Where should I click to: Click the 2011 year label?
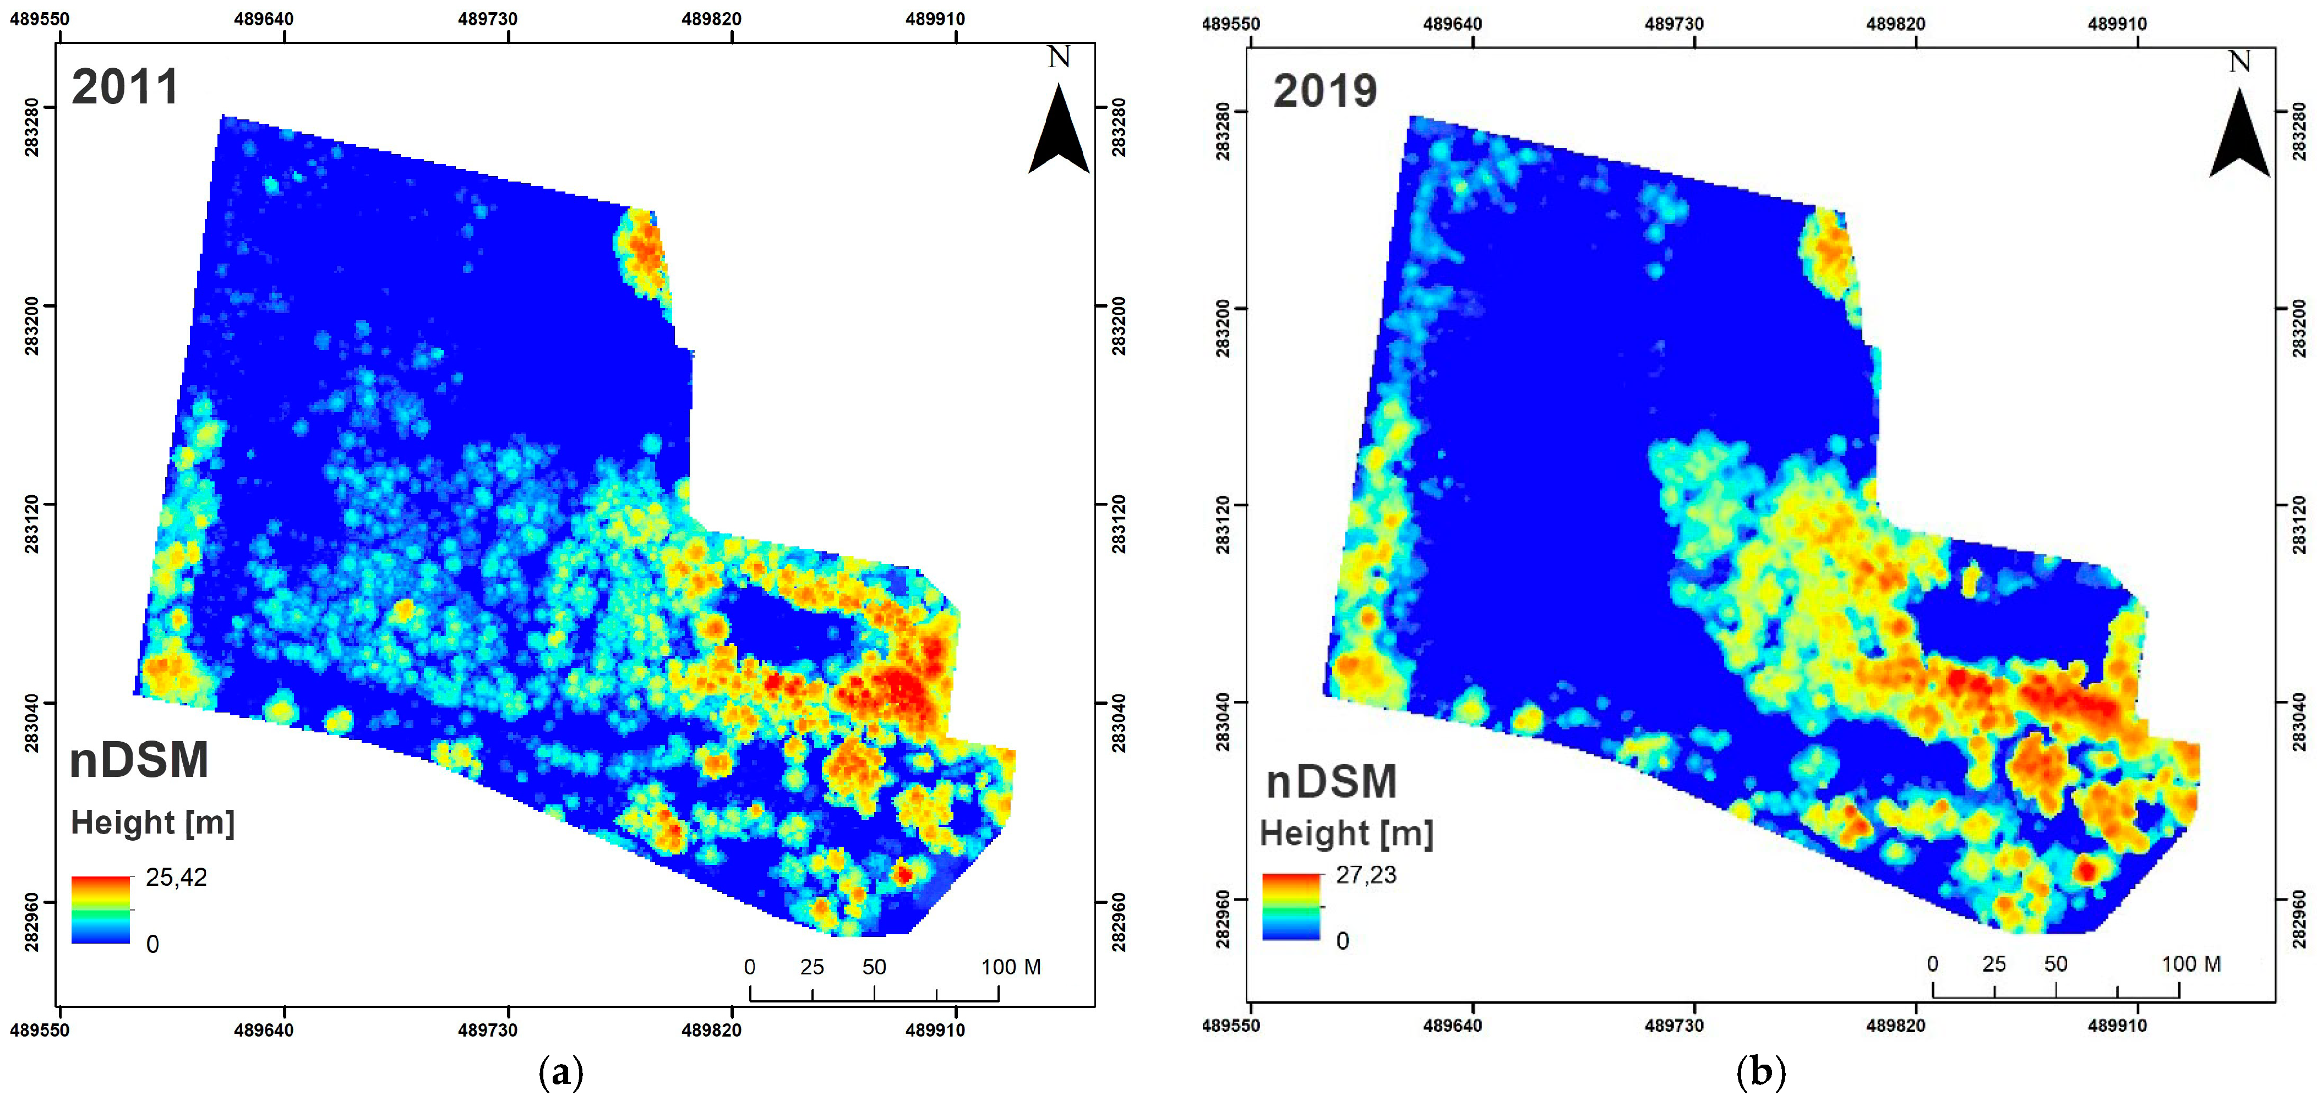(x=125, y=87)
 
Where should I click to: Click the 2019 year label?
(x=1324, y=91)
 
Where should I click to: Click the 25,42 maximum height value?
(x=176, y=878)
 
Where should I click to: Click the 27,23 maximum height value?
(x=1365, y=875)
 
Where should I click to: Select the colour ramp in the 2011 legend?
(x=101, y=909)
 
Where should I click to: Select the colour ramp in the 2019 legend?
(x=1291, y=907)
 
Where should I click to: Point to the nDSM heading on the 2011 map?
(x=139, y=760)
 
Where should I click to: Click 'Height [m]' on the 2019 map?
(x=1345, y=834)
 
